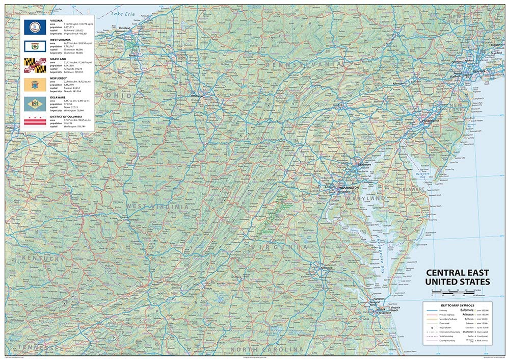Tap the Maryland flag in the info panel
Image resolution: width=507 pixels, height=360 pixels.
tap(35, 64)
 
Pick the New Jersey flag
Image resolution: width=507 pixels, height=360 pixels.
tap(35, 84)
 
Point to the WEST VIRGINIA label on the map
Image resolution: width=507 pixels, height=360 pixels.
tap(159, 207)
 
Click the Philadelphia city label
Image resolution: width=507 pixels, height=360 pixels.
tap(434, 120)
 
